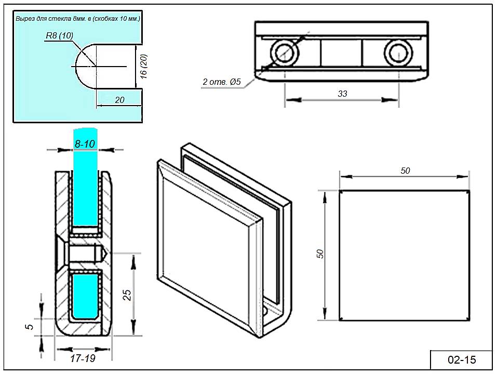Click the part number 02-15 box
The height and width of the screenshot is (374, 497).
point(462,359)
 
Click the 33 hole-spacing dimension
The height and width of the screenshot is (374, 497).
point(342,94)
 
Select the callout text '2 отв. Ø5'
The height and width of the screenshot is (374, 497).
point(222,82)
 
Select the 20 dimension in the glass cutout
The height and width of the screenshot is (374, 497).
point(119,100)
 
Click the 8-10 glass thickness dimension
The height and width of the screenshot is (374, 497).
point(85,144)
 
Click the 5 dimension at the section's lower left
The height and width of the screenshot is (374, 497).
point(30,327)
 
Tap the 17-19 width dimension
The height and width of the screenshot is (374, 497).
point(83,358)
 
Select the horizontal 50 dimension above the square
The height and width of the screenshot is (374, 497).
point(406,171)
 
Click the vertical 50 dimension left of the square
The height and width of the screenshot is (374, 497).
point(320,254)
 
